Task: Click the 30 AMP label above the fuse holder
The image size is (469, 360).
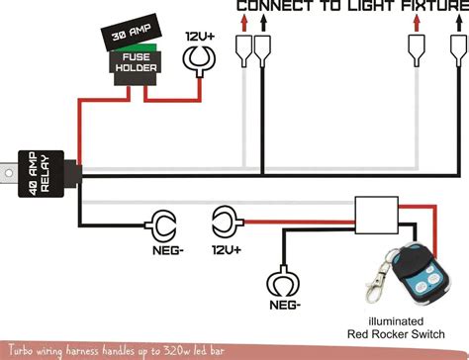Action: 131,38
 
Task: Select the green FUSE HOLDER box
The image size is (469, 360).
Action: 131,64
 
